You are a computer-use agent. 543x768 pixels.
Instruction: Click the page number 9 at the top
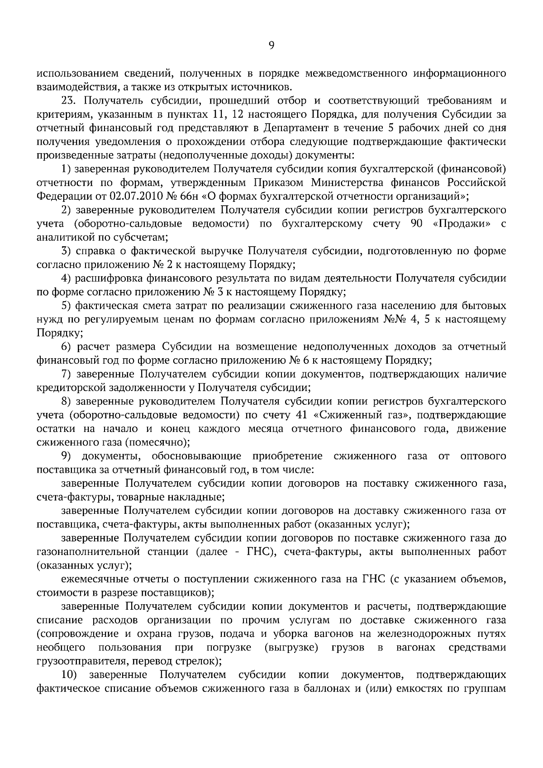271,45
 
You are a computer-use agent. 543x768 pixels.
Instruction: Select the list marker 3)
66,251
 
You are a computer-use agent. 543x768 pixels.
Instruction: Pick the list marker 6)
66,347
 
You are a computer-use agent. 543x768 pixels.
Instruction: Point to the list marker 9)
66,456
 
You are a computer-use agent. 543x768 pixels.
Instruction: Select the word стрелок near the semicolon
196,661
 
